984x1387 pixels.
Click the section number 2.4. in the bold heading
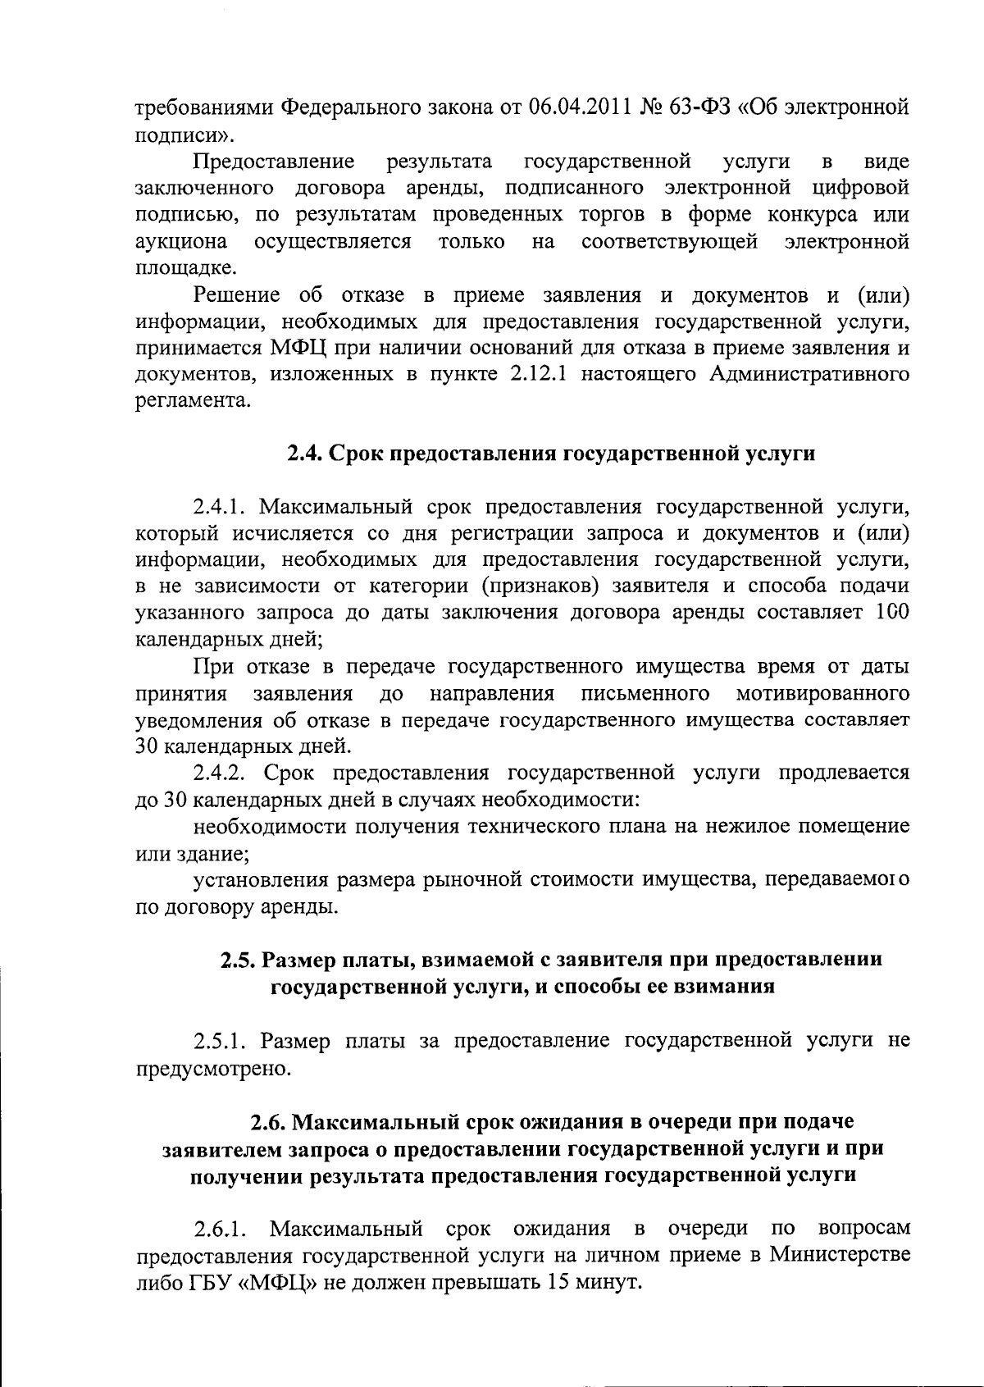(x=304, y=454)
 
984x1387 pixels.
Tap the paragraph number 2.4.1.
(x=220, y=507)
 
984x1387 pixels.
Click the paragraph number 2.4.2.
(x=221, y=773)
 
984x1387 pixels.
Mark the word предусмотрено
(x=213, y=1068)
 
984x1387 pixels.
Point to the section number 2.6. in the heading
(x=269, y=1121)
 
